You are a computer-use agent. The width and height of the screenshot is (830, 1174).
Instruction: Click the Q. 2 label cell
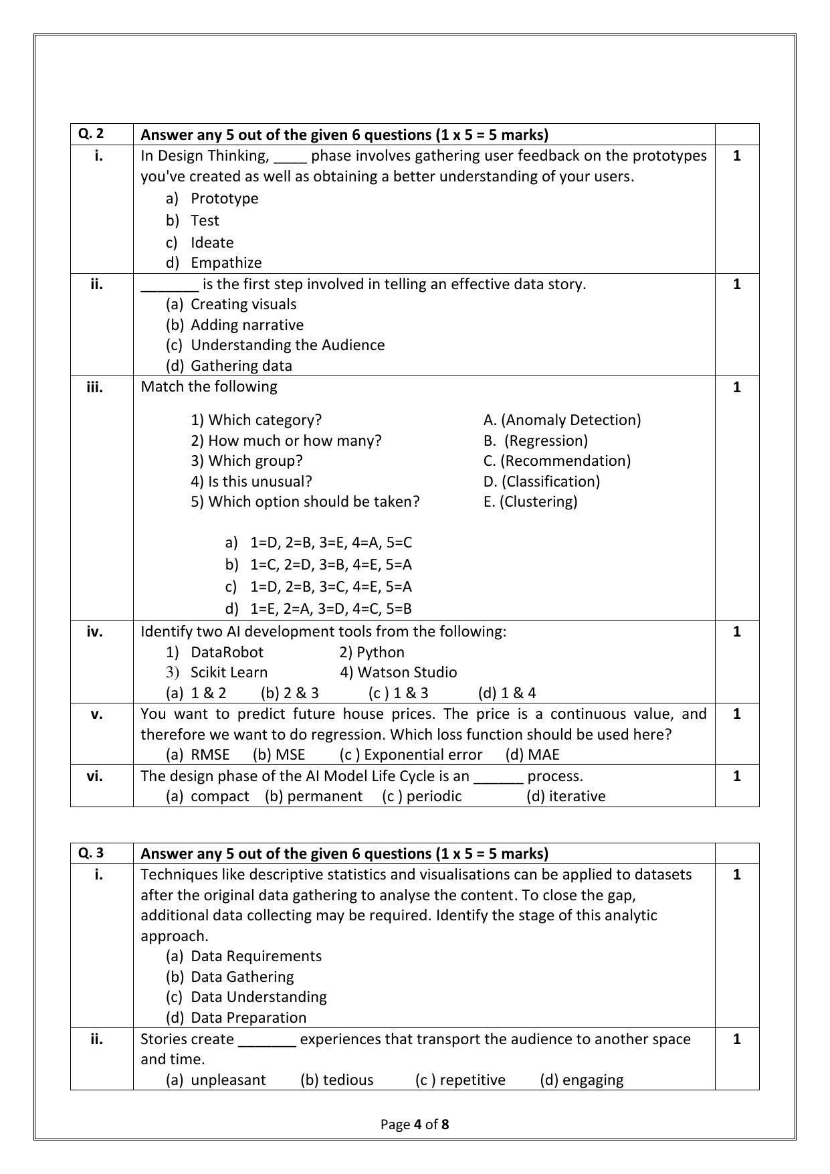coord(91,133)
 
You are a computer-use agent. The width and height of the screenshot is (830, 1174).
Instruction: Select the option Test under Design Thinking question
coord(205,221)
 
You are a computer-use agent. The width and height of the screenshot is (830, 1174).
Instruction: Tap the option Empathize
coord(225,263)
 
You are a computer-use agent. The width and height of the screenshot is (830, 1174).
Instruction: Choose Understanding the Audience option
coord(288,345)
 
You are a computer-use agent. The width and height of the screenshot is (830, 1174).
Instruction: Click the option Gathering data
coord(241,366)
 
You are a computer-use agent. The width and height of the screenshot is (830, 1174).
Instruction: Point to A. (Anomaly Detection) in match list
coord(562,420)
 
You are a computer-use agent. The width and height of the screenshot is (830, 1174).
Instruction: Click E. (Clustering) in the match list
coord(530,502)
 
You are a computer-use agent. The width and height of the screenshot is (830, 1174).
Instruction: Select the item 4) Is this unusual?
coord(251,482)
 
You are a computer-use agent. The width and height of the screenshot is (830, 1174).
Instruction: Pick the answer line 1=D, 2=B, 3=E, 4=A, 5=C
coord(330,543)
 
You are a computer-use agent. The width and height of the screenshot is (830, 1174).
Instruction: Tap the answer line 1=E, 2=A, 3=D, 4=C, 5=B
coord(330,609)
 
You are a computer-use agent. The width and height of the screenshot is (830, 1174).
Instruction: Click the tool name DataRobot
coord(227,653)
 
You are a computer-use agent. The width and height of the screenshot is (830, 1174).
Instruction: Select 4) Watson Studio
coord(398,673)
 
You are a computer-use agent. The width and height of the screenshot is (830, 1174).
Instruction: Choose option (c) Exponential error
coord(411,755)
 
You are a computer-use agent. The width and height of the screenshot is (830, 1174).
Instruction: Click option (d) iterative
coord(566,796)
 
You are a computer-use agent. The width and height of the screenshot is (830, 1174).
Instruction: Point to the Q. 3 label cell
coord(91,853)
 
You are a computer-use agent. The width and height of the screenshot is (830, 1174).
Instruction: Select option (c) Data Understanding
coord(258,997)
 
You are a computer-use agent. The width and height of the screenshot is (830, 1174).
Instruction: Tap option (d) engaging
coord(581,1080)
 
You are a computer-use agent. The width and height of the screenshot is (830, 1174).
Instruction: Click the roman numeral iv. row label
coord(95,632)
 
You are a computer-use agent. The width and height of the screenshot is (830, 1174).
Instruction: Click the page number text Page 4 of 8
coord(415,1124)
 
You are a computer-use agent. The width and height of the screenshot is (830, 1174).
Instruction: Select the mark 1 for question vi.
coord(736,776)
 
